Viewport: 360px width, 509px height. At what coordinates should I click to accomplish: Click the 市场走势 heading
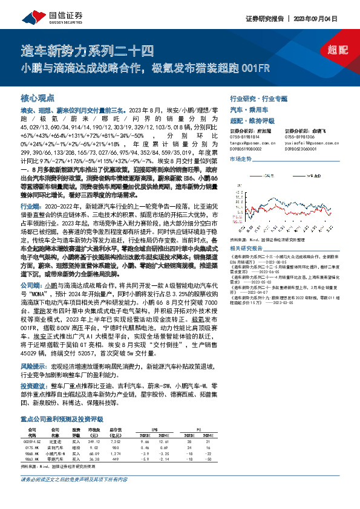coord(240,159)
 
